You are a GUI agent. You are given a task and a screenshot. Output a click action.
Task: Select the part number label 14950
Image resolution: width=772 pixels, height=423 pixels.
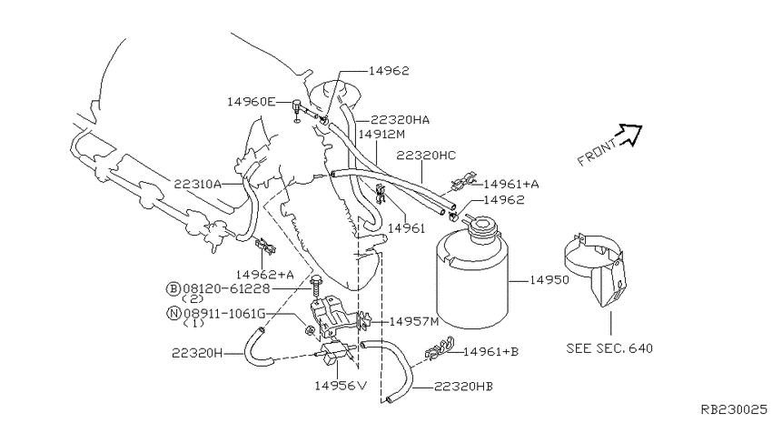549,280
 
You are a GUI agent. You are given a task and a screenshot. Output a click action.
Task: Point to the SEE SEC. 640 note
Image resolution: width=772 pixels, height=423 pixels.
609,348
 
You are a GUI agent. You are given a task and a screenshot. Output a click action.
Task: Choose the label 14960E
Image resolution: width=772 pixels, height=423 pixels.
251,102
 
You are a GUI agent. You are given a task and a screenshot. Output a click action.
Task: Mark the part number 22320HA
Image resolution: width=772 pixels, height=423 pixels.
400,120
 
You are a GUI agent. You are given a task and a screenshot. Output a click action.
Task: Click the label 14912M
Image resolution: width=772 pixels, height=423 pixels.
381,134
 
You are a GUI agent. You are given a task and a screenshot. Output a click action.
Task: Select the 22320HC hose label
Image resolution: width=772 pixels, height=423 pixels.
426,156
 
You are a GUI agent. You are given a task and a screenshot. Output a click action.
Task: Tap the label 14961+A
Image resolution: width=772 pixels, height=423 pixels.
511,185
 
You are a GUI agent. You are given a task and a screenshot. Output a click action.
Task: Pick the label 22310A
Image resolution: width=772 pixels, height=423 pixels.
197,185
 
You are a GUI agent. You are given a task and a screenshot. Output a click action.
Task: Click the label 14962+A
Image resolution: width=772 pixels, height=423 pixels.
265,275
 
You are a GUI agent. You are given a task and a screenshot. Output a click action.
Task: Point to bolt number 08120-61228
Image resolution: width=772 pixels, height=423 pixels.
226,289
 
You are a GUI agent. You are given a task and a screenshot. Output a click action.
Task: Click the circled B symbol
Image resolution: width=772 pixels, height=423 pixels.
173,289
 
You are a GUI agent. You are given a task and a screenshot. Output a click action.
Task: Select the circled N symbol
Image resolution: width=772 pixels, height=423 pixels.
173,313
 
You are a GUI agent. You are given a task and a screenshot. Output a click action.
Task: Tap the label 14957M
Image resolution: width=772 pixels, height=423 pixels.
413,322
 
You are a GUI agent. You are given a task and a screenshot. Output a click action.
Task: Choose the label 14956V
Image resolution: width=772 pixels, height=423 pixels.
341,385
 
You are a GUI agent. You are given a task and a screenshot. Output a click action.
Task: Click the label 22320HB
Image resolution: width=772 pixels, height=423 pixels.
463,387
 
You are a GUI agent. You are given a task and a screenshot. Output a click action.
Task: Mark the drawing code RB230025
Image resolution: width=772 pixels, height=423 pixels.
734,409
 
